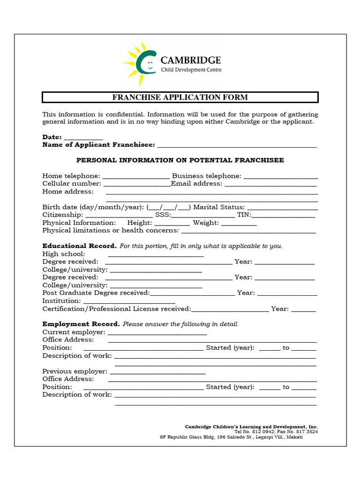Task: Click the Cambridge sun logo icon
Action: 139,64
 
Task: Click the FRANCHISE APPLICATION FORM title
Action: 180,97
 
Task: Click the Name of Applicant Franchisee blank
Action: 237,145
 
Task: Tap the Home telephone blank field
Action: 136,176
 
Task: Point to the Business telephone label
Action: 207,176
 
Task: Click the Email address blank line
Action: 270,184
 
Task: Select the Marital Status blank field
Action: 282,208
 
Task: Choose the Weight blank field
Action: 239,223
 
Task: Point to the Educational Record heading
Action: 79,246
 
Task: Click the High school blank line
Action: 156,255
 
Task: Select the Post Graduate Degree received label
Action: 96,293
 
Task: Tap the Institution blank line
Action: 129,301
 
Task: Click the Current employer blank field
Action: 157,333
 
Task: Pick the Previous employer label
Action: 75,371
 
